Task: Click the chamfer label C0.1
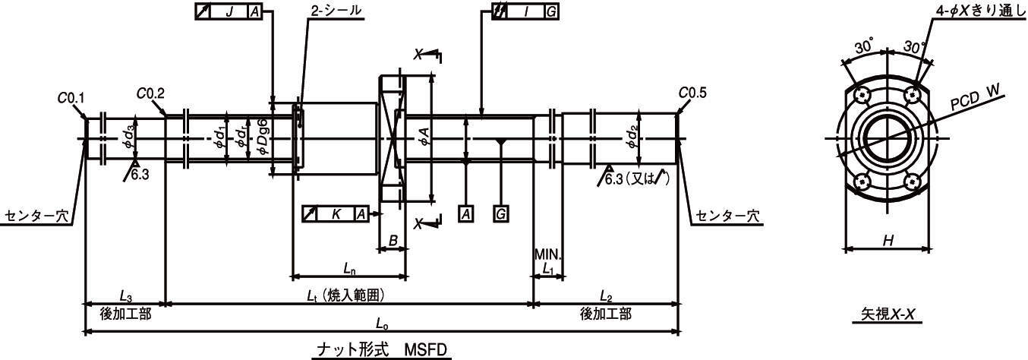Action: pyautogui.click(x=71, y=98)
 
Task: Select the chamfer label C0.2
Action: pyautogui.click(x=150, y=93)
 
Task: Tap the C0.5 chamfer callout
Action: pyautogui.click(x=692, y=93)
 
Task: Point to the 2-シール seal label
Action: pyautogui.click(x=336, y=11)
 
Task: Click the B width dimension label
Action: pyautogui.click(x=393, y=240)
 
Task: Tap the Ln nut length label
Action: pyautogui.click(x=349, y=269)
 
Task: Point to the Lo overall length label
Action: pyautogui.click(x=382, y=324)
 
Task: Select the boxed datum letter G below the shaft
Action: pyautogui.click(x=501, y=214)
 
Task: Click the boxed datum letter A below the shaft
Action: pyautogui.click(x=466, y=214)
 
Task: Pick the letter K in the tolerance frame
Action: pyautogui.click(x=336, y=214)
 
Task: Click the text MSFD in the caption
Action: pyautogui.click(x=425, y=350)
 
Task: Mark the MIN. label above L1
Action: pyautogui.click(x=548, y=254)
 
